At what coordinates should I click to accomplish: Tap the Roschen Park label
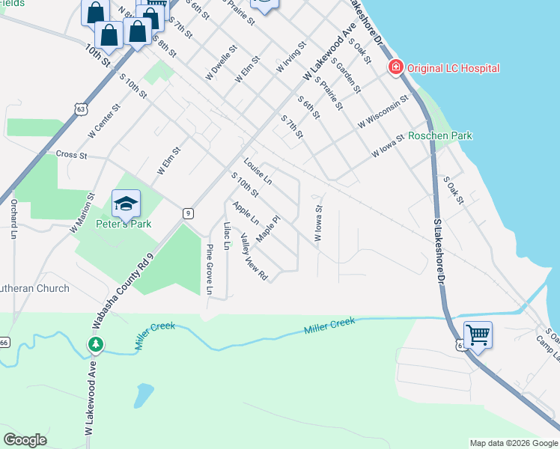click(x=440, y=136)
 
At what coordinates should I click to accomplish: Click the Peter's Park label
click(x=124, y=224)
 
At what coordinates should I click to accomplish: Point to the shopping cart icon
click(x=478, y=334)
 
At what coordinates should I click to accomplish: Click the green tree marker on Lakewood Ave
click(x=95, y=344)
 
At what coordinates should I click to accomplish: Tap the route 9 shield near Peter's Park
click(x=188, y=213)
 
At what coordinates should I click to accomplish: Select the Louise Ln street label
click(x=258, y=171)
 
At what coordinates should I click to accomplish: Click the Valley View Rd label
click(x=254, y=257)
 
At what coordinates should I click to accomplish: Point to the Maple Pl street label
click(x=267, y=229)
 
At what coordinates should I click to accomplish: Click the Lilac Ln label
click(x=226, y=235)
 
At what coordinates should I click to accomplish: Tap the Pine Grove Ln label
click(x=210, y=269)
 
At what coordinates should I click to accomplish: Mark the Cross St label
click(x=73, y=155)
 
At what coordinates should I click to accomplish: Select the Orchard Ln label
click(x=13, y=221)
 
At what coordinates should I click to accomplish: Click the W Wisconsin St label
click(x=383, y=111)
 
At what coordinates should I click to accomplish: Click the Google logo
click(x=25, y=440)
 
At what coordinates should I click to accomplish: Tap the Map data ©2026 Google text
click(x=513, y=443)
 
